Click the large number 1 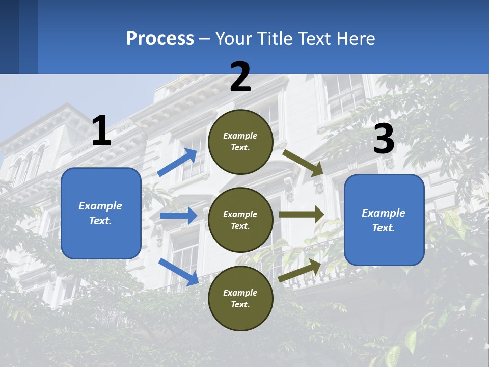pyautogui.click(x=101, y=130)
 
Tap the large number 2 pyautogui.click(x=240, y=76)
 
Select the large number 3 pyautogui.click(x=384, y=139)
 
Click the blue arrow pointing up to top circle pyautogui.click(x=177, y=162)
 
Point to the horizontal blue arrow pyautogui.click(x=178, y=216)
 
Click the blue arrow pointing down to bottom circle pyautogui.click(x=178, y=271)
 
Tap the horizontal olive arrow pyautogui.click(x=302, y=215)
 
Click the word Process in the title pyautogui.click(x=160, y=38)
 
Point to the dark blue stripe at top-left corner pyautogui.click(x=10, y=37)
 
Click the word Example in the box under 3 pyautogui.click(x=384, y=213)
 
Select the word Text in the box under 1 pyautogui.click(x=100, y=221)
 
